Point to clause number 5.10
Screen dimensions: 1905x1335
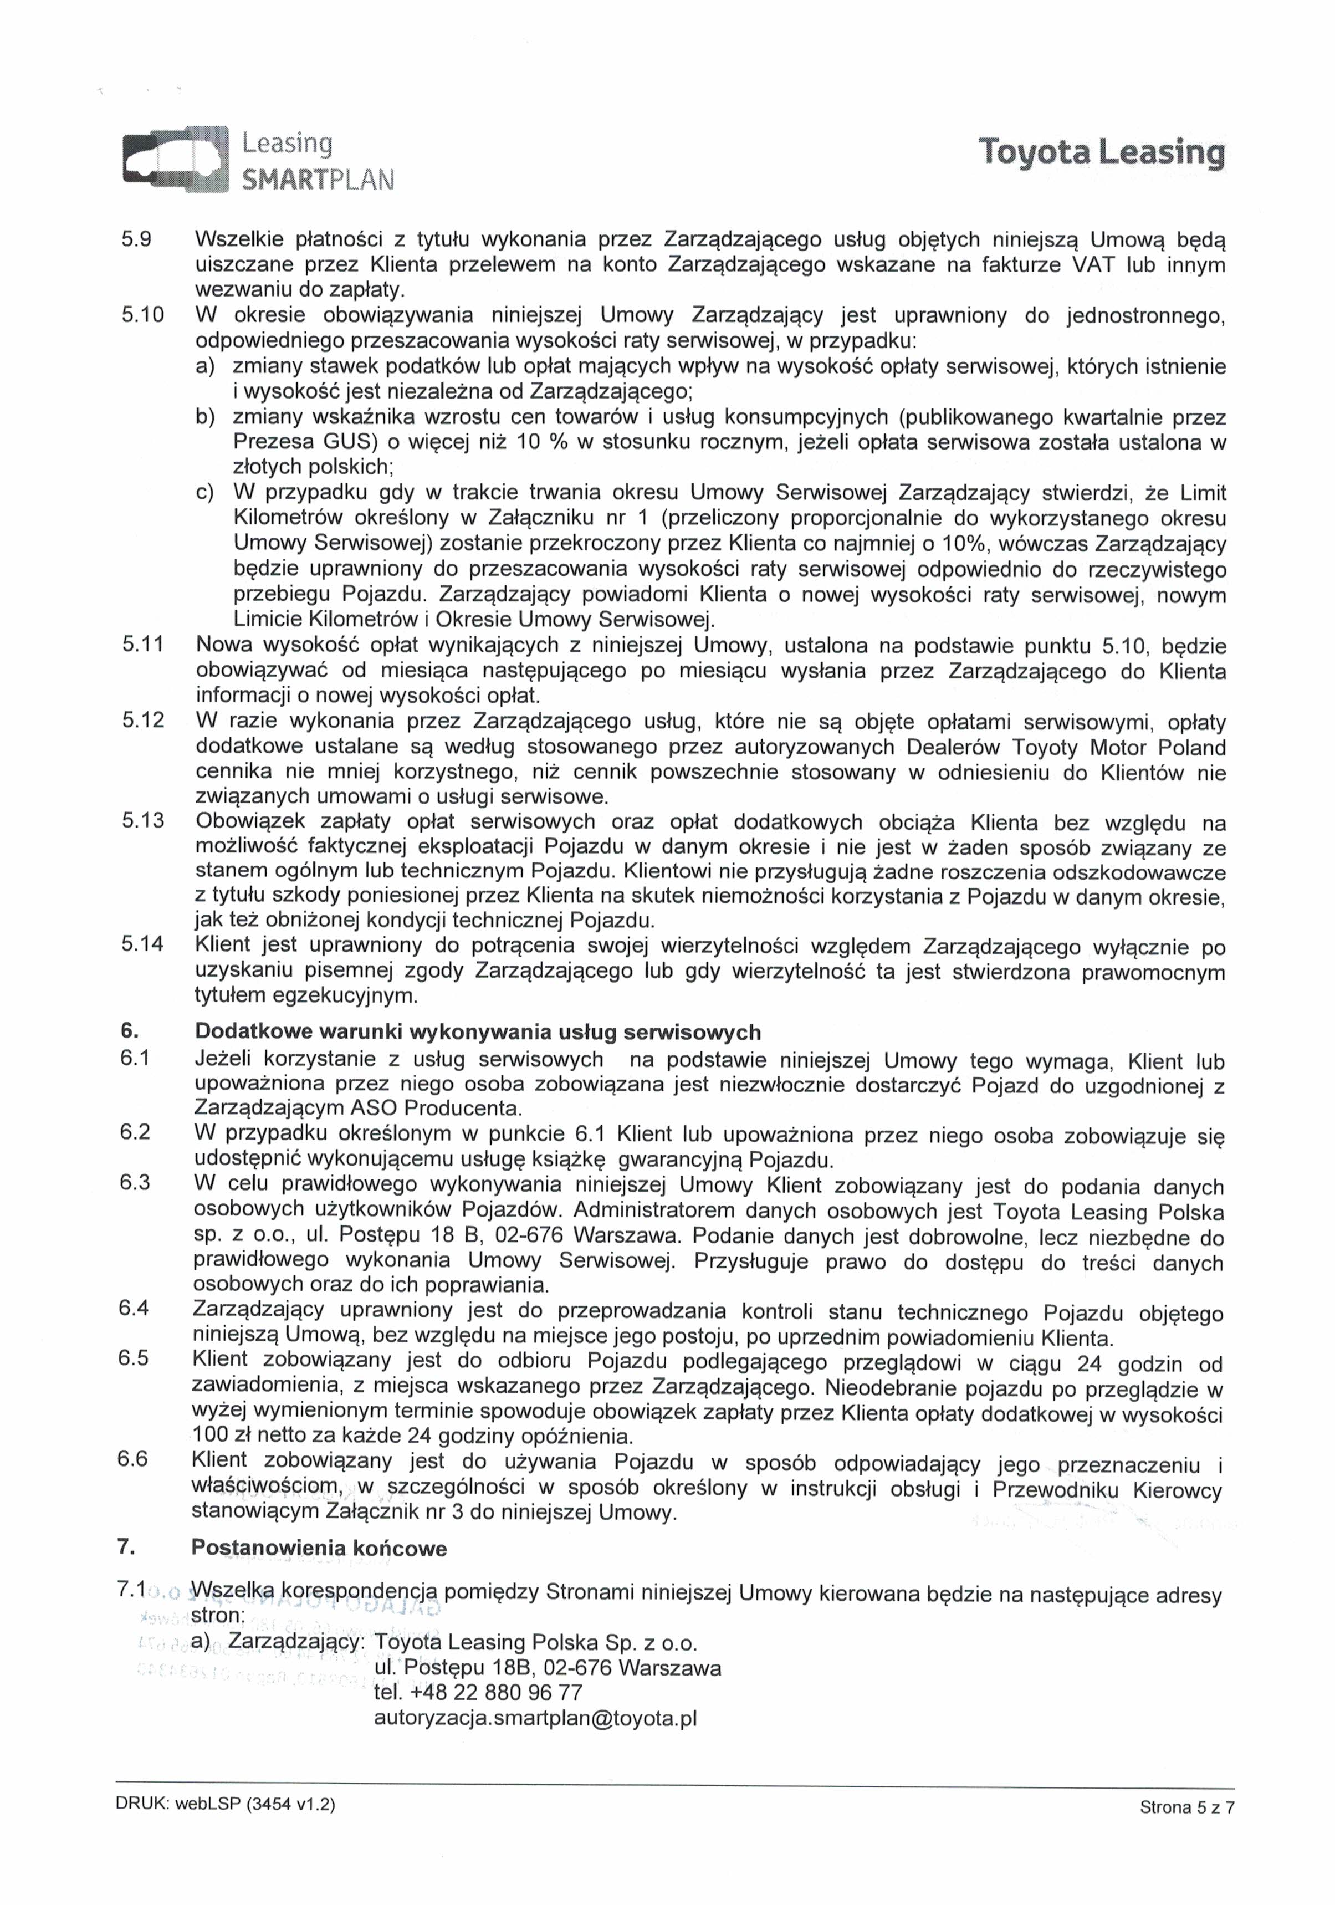(144, 315)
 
